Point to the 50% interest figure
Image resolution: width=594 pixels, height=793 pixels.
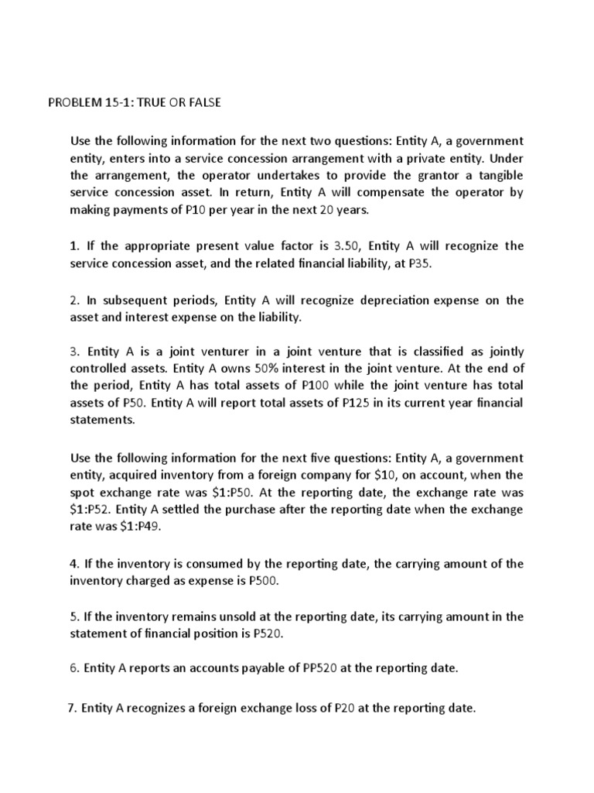point(265,368)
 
